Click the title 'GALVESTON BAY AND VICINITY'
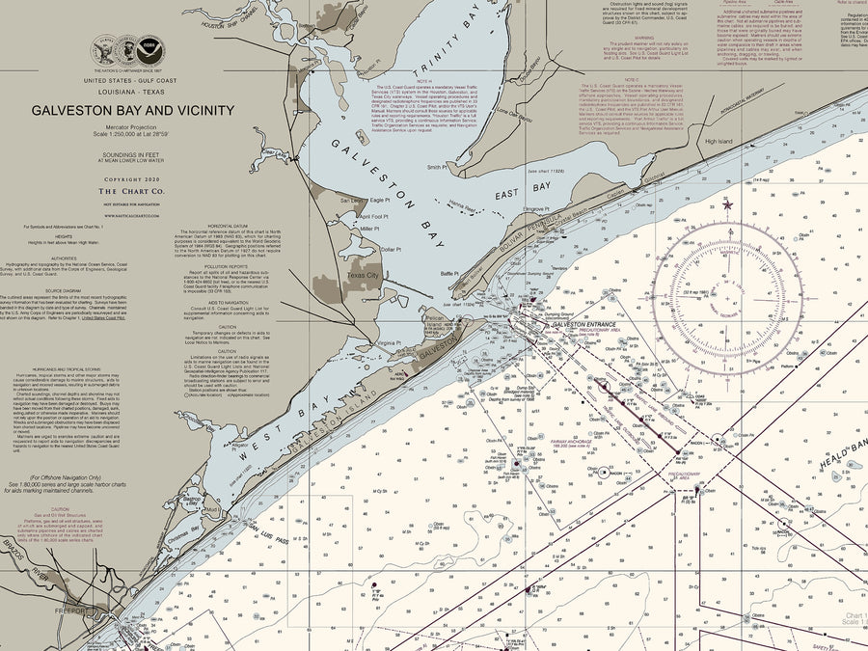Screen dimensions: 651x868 coord(132,110)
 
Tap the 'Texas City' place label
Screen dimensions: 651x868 coord(364,275)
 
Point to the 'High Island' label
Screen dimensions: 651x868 coord(719,141)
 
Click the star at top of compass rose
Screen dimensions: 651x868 coord(727,204)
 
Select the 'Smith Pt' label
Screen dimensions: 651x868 coord(437,167)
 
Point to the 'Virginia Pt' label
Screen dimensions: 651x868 coord(388,342)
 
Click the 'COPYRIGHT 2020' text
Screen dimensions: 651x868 coord(132,179)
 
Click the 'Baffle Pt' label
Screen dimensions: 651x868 coord(450,274)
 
